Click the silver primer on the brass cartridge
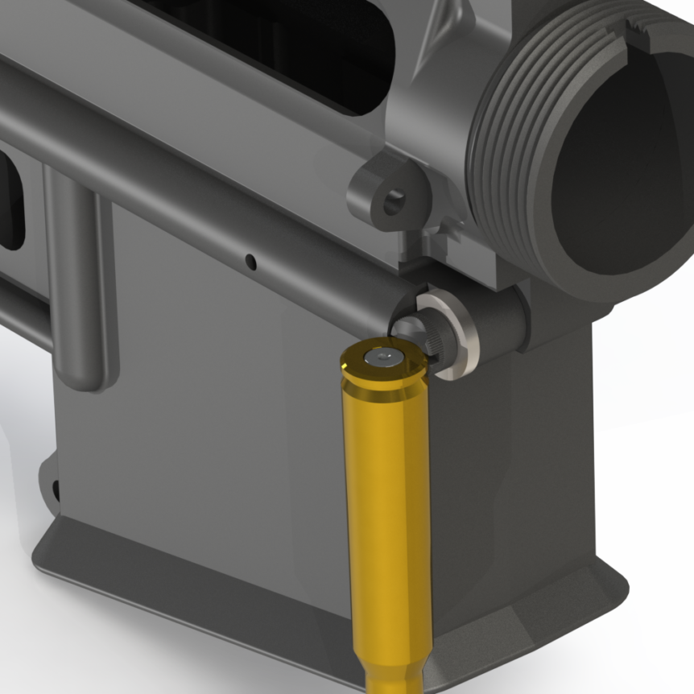[x=381, y=357]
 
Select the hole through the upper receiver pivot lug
[x=394, y=201]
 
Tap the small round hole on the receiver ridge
[x=250, y=262]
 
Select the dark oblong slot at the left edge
[x=10, y=201]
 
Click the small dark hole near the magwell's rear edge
[x=56, y=488]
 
